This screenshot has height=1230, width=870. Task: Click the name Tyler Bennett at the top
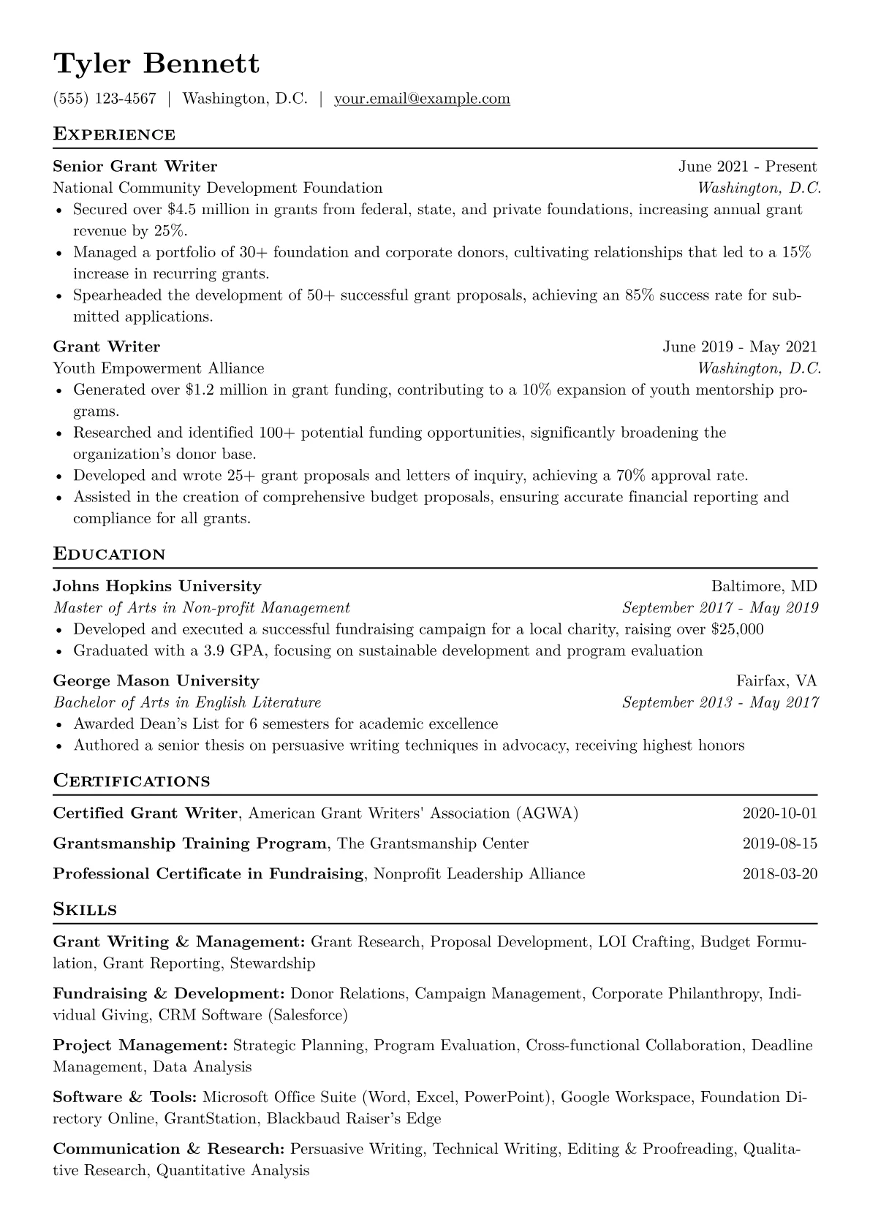(156, 64)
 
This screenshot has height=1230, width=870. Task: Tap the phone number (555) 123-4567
(105, 99)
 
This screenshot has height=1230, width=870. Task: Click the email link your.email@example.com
(422, 99)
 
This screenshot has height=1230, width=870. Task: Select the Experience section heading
(114, 134)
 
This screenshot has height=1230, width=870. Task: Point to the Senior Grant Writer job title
(135, 167)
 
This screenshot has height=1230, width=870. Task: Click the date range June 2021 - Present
(747, 167)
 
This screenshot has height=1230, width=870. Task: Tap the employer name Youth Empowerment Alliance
(159, 368)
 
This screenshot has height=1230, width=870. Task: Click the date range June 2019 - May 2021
(740, 347)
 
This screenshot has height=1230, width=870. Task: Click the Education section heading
(110, 554)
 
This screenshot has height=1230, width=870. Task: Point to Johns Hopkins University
(157, 586)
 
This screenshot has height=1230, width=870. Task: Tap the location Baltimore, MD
(764, 586)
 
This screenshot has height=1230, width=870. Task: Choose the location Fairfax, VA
(776, 681)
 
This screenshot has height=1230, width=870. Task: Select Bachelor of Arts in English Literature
(187, 703)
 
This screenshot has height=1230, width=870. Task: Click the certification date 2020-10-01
(779, 813)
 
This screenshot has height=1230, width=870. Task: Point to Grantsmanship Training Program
(190, 844)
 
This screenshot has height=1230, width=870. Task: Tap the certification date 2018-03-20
(779, 874)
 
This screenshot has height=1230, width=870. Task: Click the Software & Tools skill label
(125, 1097)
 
